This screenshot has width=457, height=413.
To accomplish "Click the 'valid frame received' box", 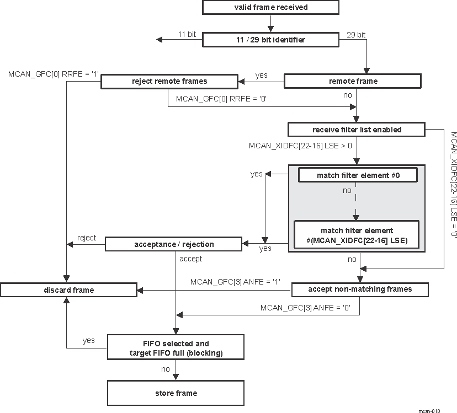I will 270,8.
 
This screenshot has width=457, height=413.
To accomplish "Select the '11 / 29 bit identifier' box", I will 270,39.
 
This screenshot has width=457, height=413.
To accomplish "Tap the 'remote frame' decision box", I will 353,81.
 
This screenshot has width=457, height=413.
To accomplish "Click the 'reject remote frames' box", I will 169,81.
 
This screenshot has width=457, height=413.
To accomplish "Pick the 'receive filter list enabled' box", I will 357,130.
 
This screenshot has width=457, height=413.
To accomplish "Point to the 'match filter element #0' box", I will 357,175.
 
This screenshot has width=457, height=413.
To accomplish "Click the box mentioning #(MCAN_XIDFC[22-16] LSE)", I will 357,235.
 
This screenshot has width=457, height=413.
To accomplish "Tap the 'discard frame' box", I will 68,289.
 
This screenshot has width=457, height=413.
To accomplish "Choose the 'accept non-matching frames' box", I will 359,289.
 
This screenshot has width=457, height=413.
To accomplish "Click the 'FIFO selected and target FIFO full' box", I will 176,348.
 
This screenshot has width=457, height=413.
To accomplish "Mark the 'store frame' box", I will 176,393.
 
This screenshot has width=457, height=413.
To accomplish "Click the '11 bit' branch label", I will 187,34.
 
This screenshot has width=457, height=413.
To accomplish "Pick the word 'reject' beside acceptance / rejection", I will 87,238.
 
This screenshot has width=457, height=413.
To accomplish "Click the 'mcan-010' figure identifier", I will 429,410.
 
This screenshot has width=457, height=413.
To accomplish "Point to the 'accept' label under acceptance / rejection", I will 191,258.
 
